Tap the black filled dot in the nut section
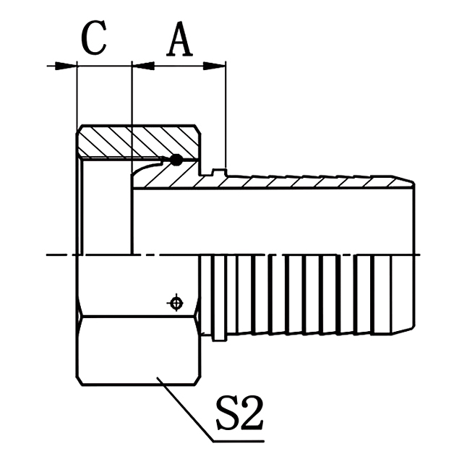pos(176,160)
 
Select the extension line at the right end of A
pos(226,116)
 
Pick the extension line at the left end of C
pos(77,94)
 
